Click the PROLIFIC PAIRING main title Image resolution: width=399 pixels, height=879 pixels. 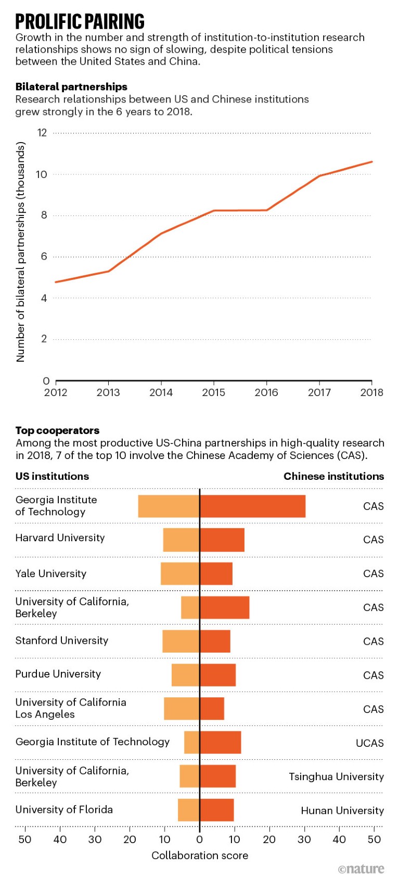[80, 22]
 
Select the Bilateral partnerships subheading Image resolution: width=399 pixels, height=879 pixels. [71, 87]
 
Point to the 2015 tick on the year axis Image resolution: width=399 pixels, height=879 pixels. [213, 392]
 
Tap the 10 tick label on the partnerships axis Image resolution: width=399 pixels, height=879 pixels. [42, 174]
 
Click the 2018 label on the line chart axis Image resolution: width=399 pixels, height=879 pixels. [371, 392]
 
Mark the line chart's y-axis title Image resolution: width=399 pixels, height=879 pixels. [21, 252]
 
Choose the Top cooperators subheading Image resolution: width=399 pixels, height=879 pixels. [57, 430]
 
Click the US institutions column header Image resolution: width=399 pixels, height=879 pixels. [52, 476]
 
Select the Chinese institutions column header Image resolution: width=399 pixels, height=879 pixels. [333, 476]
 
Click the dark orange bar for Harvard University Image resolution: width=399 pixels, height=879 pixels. [222, 540]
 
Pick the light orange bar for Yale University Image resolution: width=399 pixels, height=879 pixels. [180, 574]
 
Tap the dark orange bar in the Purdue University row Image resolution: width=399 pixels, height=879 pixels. [218, 675]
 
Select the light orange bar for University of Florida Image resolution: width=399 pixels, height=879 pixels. [189, 810]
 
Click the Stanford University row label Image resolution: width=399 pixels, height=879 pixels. [62, 641]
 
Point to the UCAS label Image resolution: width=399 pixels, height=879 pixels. [369, 743]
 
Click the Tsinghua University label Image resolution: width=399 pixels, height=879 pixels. [336, 776]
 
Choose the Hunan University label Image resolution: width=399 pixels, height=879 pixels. [342, 810]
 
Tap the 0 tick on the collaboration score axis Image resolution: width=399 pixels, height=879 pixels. [199, 839]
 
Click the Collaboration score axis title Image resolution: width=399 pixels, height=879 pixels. [200, 856]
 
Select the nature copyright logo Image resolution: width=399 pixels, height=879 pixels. [361, 869]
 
